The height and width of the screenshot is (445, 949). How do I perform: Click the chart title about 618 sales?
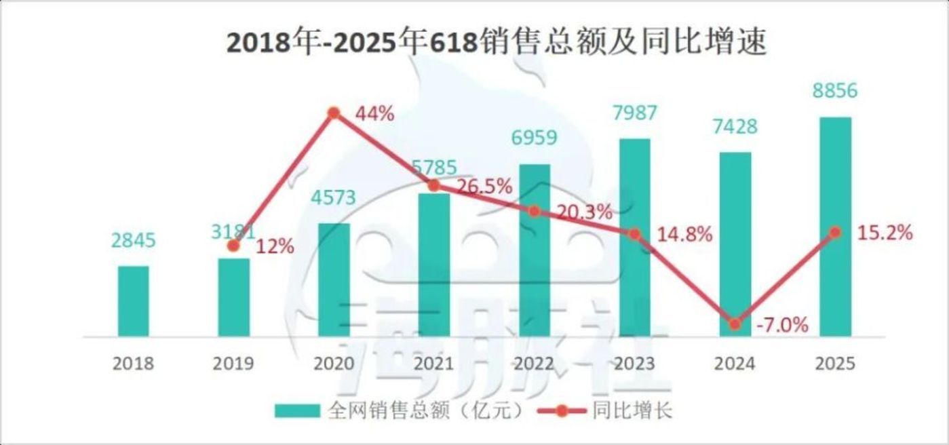tap(497, 43)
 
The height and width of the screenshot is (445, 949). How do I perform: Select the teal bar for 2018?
tap(133, 301)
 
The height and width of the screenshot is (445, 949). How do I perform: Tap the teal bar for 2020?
tap(334, 279)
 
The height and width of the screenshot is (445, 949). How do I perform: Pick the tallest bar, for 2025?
tap(835, 227)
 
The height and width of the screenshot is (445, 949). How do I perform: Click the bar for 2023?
tap(634, 237)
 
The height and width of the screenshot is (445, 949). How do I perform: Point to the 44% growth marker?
tap(334, 113)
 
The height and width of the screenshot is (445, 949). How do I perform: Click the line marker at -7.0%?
tap(735, 324)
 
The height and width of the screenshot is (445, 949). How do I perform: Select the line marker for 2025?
tap(835, 232)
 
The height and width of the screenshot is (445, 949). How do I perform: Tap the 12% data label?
tap(275, 247)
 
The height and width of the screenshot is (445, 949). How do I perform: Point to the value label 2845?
tap(133, 241)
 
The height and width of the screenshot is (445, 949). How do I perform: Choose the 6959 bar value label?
tap(534, 138)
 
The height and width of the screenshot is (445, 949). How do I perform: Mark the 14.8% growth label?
tap(684, 235)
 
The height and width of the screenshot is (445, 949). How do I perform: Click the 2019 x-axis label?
tap(233, 364)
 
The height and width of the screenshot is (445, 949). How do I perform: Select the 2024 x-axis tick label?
tap(735, 364)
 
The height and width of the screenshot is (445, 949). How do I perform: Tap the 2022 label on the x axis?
tap(534, 364)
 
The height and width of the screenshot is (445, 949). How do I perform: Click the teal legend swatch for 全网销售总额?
tap(296, 411)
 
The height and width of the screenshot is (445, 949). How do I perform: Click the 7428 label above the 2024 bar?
tap(735, 127)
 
